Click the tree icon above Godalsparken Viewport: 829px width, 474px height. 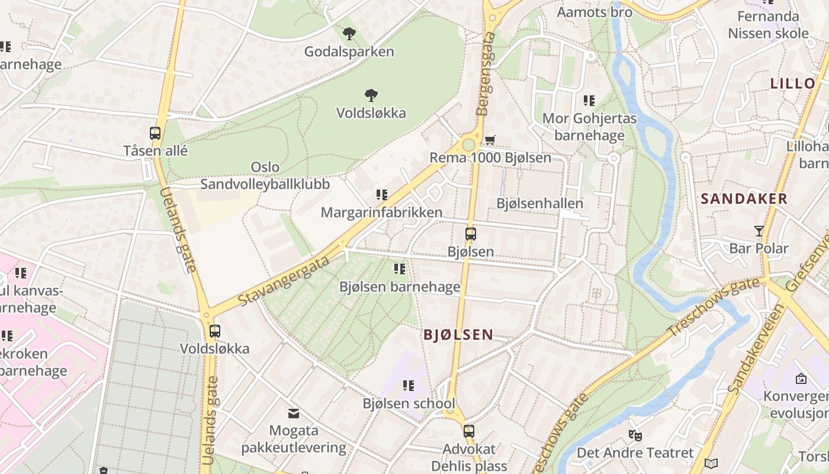click(x=349, y=34)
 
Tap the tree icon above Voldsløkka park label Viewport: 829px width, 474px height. click(x=371, y=95)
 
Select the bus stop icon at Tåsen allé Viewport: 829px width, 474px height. click(x=155, y=133)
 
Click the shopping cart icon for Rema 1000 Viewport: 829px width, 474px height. click(x=490, y=140)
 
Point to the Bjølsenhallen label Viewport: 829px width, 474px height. click(x=539, y=203)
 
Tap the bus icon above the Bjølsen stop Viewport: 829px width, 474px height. click(x=471, y=234)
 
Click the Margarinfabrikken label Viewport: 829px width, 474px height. click(x=381, y=212)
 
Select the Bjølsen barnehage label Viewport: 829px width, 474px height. click(x=400, y=287)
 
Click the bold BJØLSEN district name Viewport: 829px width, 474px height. click(x=458, y=335)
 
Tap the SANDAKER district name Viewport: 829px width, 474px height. click(x=744, y=199)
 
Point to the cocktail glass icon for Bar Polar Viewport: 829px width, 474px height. click(x=759, y=230)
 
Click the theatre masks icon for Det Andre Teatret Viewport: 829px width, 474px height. click(x=635, y=435)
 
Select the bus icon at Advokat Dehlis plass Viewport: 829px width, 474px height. click(x=469, y=431)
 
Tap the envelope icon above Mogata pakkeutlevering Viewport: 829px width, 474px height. click(x=294, y=413)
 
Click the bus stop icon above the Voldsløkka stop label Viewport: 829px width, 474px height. click(x=215, y=331)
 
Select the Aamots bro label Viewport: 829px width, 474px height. click(x=595, y=12)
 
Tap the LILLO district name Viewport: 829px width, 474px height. click(x=793, y=84)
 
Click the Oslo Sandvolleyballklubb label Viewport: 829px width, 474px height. click(x=265, y=175)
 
